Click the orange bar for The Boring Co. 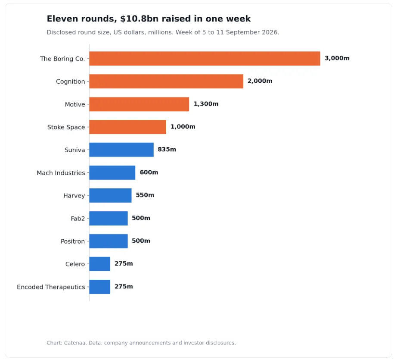205,59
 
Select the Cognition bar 166,81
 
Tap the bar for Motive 139,104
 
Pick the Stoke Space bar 127,127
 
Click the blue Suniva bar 121,150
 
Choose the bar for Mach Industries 112,172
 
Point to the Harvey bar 110,195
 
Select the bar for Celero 100,264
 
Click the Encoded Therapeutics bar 100,287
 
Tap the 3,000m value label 337,58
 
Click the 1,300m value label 206,104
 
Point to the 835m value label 167,150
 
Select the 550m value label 145,195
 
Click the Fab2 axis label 78,219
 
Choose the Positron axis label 73,241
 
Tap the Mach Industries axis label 61,173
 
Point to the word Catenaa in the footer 75,343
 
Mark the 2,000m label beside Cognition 260,81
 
